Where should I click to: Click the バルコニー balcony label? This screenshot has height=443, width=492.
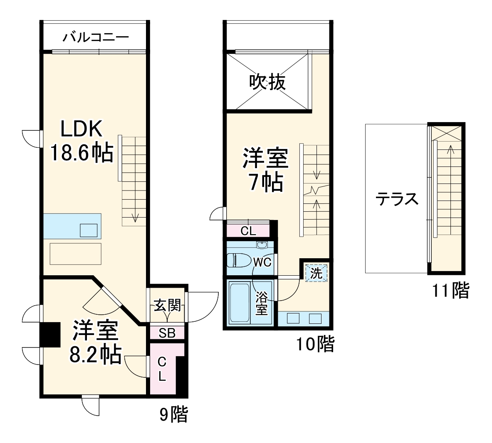96,37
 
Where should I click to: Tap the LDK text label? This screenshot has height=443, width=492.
82,130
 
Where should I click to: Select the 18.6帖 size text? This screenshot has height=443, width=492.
82,153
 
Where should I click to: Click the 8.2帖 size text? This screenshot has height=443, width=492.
96,354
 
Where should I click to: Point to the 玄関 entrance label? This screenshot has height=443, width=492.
167,306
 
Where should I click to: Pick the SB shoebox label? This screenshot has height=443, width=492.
167,333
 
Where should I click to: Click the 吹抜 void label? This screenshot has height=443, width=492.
267,82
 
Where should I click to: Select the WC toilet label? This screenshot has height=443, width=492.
262,262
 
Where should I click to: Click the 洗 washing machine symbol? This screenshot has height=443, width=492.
316,273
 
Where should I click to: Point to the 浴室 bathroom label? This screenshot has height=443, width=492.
262,303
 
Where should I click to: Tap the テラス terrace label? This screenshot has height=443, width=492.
397,199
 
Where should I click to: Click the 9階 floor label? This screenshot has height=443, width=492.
174,414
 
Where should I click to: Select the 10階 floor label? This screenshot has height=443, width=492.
315,344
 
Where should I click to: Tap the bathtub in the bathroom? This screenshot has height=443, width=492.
239,303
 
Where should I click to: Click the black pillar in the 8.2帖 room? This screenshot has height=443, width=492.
50,334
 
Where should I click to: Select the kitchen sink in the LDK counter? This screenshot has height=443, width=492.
89,230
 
